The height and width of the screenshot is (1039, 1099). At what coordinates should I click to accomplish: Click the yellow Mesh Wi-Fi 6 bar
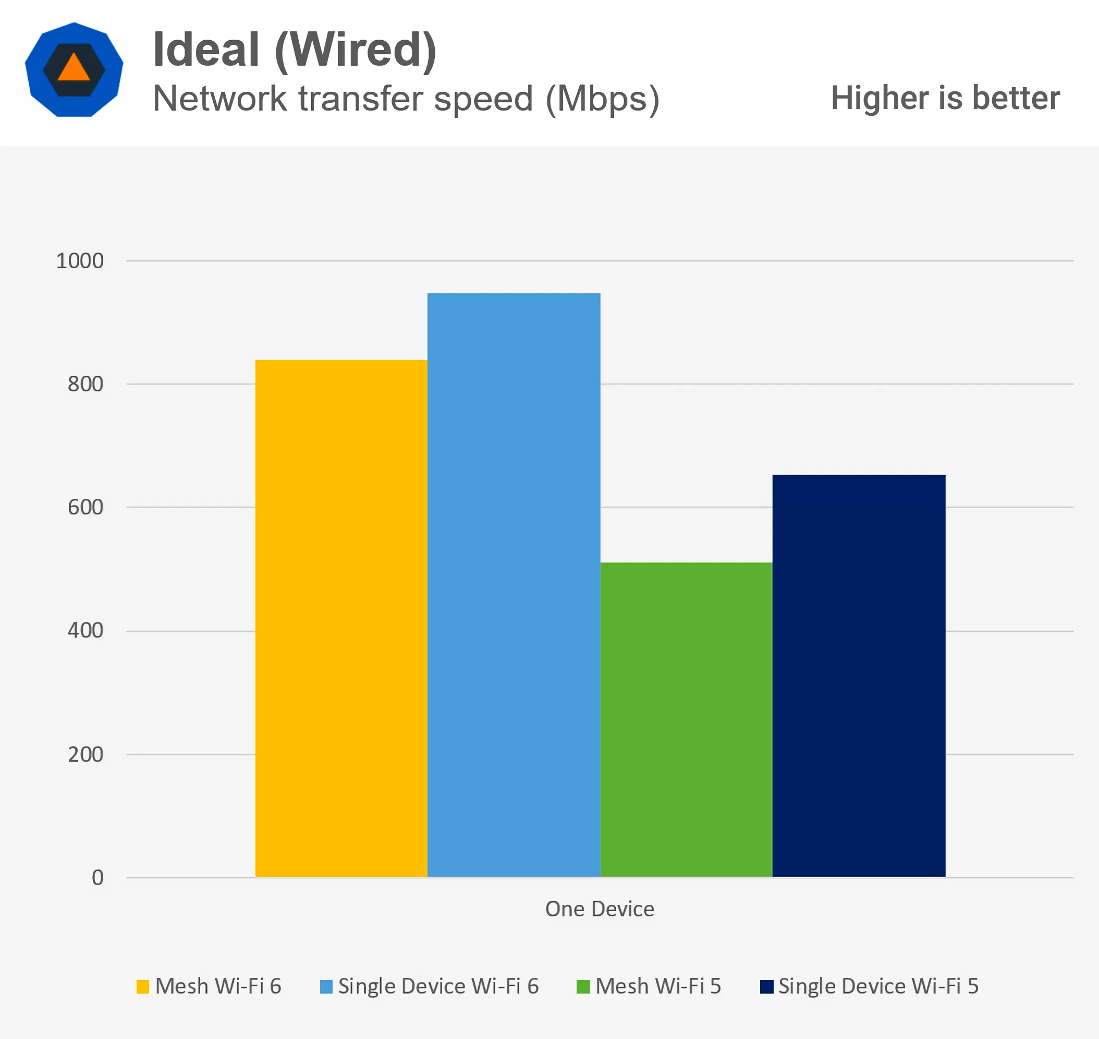click(x=341, y=618)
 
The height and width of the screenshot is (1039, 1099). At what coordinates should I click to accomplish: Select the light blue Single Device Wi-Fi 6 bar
click(x=514, y=585)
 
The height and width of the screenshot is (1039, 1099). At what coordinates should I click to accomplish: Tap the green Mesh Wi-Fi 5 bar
click(x=686, y=720)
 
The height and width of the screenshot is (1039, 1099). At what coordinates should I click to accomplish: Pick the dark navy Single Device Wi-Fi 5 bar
click(x=859, y=676)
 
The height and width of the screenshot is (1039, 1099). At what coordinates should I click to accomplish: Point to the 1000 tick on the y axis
click(x=80, y=261)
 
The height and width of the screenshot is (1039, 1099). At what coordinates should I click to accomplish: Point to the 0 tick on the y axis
click(x=97, y=878)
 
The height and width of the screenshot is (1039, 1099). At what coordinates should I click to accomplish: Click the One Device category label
click(x=600, y=909)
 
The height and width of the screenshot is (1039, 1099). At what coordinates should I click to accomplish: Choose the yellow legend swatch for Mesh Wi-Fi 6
click(x=143, y=987)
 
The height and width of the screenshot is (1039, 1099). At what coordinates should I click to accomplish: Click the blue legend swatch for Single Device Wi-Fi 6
click(x=326, y=987)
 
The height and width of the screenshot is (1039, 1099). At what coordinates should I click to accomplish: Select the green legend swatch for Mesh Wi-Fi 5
click(x=583, y=987)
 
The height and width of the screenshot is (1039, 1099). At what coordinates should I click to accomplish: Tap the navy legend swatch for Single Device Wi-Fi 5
click(x=766, y=987)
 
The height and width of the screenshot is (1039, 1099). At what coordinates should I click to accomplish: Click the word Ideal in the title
click(x=206, y=50)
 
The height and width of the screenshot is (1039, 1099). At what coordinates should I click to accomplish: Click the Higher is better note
click(x=945, y=98)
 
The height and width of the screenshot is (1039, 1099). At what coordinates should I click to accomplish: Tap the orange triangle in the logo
click(x=74, y=68)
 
